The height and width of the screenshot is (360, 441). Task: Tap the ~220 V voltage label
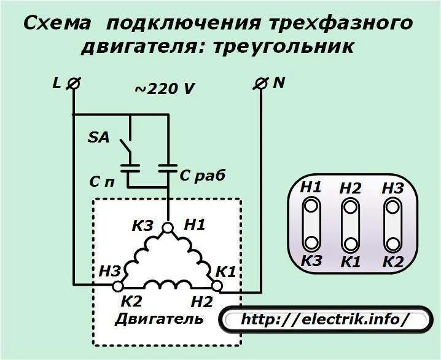pos(165,88)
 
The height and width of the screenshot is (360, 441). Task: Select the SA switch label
pos(98,138)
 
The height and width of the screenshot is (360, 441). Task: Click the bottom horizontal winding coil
pos(167,284)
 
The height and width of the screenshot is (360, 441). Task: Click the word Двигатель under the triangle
pos(159,319)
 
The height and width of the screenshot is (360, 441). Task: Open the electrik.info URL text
pos(325,320)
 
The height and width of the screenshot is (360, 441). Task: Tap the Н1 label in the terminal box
pos(311,187)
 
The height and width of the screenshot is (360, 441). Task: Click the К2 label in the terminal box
pos(392,262)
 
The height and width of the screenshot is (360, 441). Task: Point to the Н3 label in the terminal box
pos(392,187)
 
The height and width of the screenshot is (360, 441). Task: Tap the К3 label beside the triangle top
pos(143,226)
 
